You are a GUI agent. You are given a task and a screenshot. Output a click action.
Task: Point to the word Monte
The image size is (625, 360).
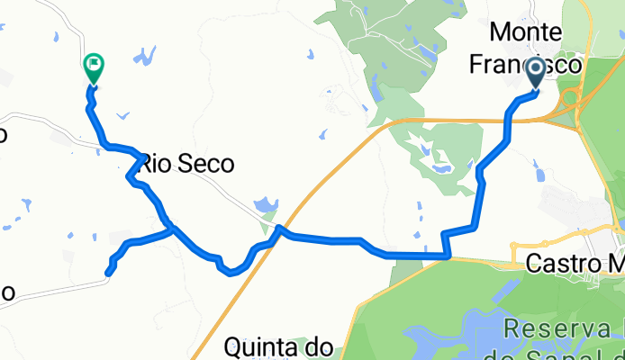click(526, 32)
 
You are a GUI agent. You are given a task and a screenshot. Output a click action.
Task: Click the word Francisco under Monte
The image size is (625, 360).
click(535, 64)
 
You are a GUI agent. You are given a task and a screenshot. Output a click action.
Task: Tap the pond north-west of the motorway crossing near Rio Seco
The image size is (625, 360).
click(262, 207)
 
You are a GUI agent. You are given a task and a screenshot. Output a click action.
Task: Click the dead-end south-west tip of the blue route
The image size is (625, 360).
click(108, 272)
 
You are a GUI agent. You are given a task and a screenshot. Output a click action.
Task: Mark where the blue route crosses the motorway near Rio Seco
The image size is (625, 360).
click(280, 229)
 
